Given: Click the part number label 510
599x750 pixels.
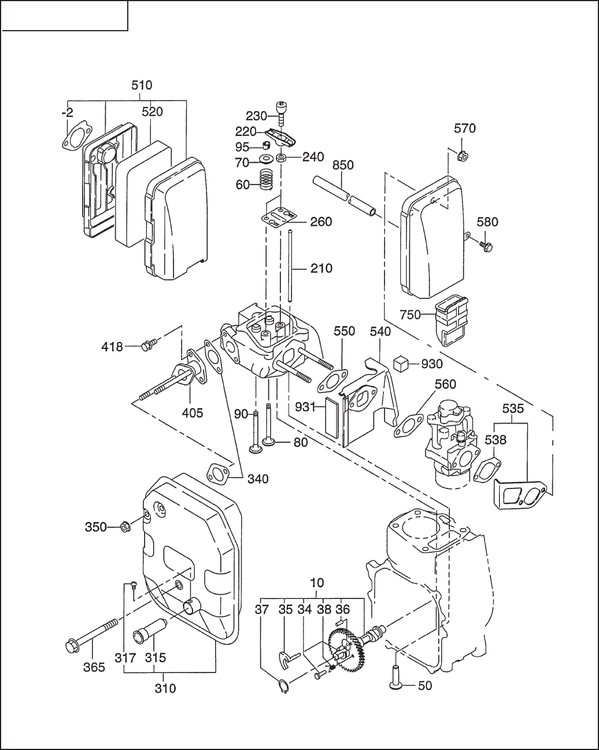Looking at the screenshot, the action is [142, 86].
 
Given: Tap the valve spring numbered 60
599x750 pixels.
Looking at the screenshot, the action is [266, 180].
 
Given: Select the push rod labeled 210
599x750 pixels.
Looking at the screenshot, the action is [290, 264].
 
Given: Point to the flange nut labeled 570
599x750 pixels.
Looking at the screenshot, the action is [462, 155].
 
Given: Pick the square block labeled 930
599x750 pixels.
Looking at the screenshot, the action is [401, 364].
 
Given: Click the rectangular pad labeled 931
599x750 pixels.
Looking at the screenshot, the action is [331, 417].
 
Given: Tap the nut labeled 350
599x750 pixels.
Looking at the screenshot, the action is [125, 536].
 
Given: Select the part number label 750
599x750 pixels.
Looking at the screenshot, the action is [411, 315].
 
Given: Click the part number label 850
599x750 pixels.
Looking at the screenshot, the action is [343, 165].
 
